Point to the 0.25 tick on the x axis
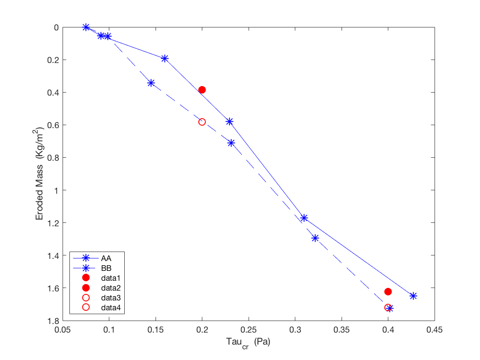(x=249, y=330)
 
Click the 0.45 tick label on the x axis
(x=435, y=330)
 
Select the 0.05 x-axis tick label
(x=63, y=330)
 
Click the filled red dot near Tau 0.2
(x=202, y=90)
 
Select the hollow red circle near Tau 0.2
(x=202, y=122)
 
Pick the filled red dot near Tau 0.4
(x=388, y=291)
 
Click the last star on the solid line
(x=413, y=296)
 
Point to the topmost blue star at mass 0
(x=86, y=27)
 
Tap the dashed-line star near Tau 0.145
(x=151, y=83)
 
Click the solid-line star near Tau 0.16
(x=165, y=58)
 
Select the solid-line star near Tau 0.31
(x=304, y=218)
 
